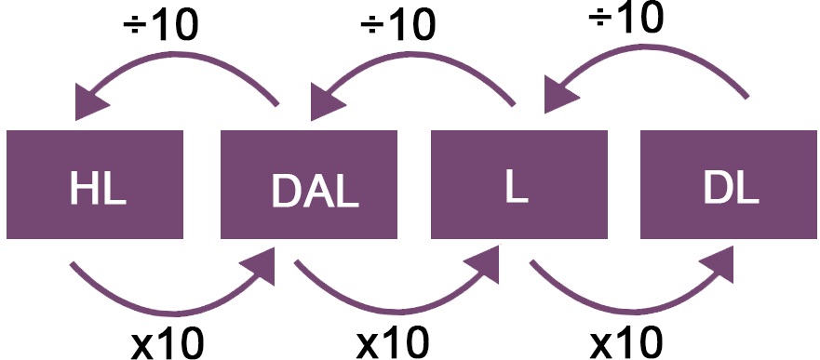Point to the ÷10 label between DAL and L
(x=398, y=25)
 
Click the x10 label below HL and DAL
(x=168, y=341)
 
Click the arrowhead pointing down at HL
(x=90, y=100)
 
